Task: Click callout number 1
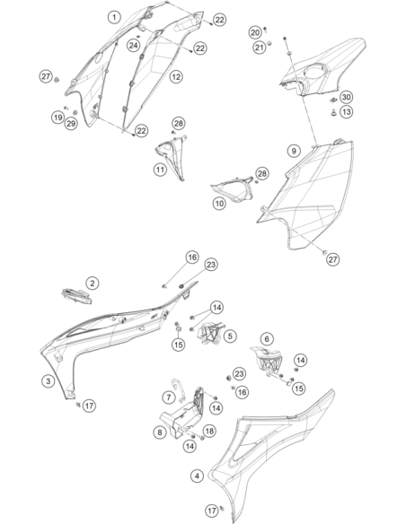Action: click(x=114, y=17)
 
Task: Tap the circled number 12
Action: click(x=176, y=76)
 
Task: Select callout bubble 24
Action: click(x=133, y=45)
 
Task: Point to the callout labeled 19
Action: click(x=58, y=118)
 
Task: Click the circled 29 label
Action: click(x=71, y=124)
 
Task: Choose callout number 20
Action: click(x=255, y=32)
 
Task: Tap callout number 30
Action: click(x=346, y=97)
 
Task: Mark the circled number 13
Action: click(x=346, y=111)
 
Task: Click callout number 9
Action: click(x=294, y=151)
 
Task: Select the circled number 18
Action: click(x=209, y=431)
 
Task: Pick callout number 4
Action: click(x=197, y=476)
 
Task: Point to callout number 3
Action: click(x=49, y=381)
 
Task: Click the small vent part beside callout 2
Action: click(x=76, y=296)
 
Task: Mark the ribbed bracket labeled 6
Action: click(x=268, y=362)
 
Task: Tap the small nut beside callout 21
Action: click(x=269, y=42)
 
